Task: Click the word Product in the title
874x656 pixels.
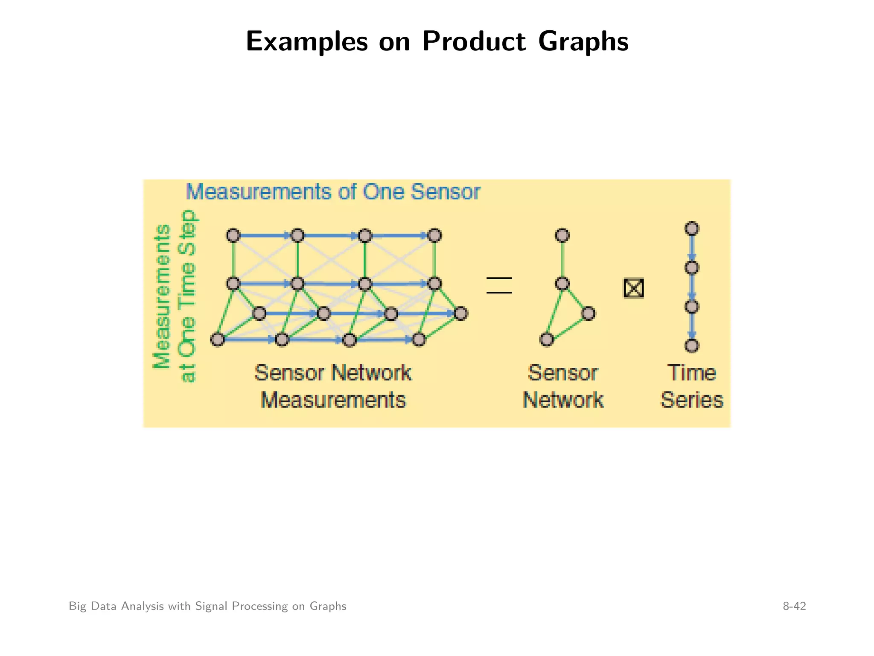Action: click(474, 41)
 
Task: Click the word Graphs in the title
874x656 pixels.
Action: click(583, 41)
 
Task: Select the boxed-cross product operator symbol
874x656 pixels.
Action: click(633, 288)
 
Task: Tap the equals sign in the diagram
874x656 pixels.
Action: click(499, 285)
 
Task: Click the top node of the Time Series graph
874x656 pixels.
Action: click(692, 228)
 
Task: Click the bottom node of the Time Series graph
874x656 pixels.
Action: click(692, 345)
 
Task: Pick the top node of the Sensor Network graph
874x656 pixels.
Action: click(562, 235)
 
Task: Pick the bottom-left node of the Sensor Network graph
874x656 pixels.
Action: click(546, 340)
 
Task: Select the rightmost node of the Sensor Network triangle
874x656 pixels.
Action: click(588, 313)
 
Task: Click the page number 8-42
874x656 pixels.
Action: click(794, 606)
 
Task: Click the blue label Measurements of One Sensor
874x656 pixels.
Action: click(333, 192)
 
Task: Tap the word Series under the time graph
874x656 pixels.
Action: click(692, 400)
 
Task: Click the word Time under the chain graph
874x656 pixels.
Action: click(692, 373)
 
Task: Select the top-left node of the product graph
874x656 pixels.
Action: click(233, 235)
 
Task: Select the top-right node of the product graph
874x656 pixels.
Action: click(434, 235)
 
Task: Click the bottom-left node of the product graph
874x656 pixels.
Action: click(217, 340)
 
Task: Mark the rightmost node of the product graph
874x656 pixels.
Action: click(460, 313)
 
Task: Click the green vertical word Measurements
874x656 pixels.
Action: click(162, 296)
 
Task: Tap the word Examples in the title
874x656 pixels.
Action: click(306, 41)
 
